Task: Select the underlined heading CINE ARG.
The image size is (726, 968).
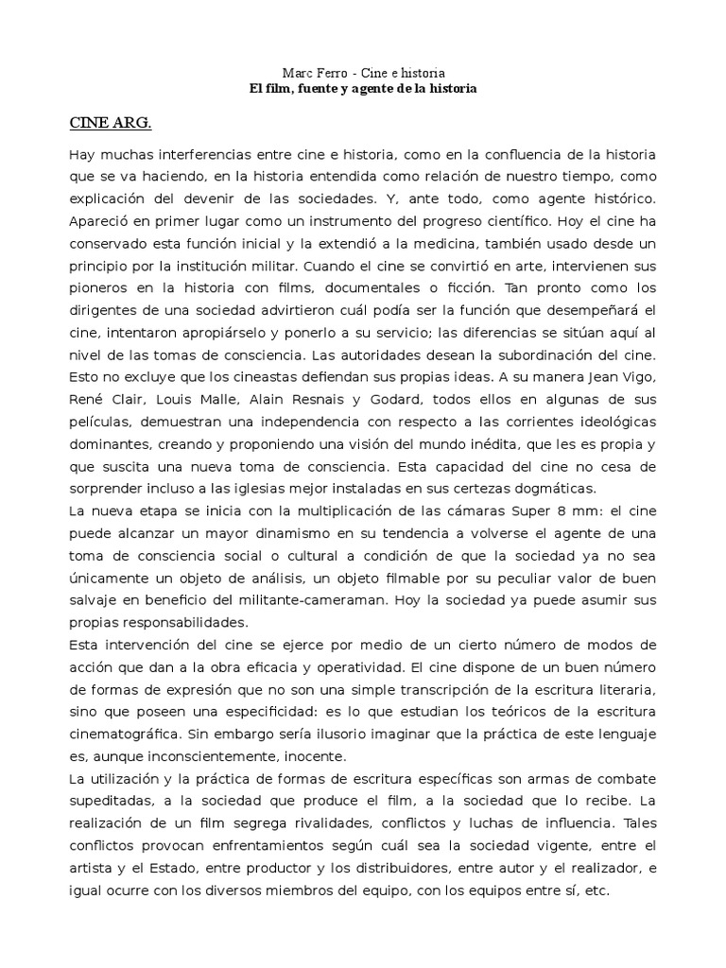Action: (111, 124)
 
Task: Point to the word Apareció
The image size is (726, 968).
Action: (99, 221)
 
